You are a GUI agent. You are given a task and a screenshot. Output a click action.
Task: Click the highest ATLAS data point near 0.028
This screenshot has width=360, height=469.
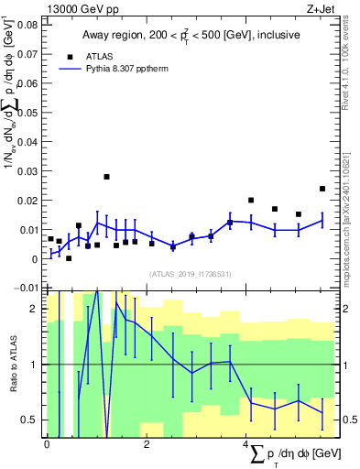pos(106,177)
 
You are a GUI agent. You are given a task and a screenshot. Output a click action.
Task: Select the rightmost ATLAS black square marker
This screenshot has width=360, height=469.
pos(322,189)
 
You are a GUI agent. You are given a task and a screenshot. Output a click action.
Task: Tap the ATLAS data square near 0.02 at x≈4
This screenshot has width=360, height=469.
pos(251,200)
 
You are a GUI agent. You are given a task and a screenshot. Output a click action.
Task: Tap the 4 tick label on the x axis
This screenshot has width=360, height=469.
pos(245,443)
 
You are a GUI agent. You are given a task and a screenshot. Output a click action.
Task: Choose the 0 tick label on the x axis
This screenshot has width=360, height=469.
pos(47,443)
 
